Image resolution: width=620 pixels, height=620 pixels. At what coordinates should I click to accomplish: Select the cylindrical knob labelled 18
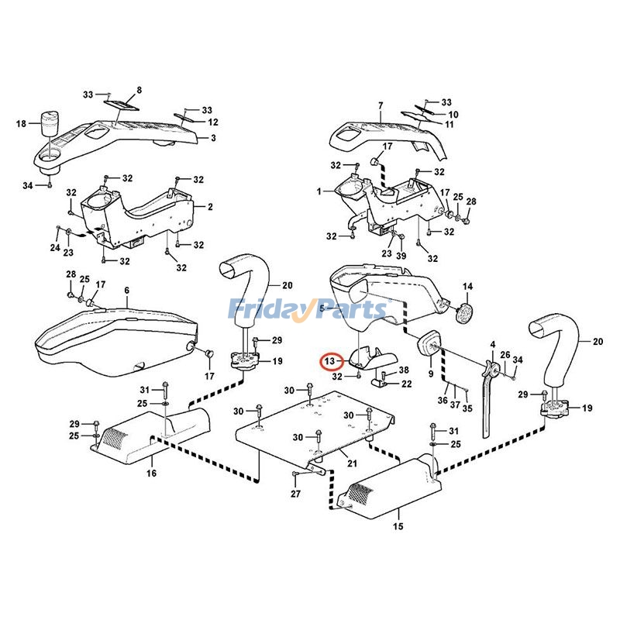click(52, 124)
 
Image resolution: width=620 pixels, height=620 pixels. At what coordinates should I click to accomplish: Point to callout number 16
click(152, 472)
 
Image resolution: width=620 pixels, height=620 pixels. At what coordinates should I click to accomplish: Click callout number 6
click(126, 290)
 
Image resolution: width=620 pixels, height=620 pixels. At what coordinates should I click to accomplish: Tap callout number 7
click(381, 105)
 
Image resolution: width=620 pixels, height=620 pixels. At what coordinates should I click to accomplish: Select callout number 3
click(213, 138)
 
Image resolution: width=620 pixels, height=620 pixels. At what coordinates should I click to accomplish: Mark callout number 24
click(54, 248)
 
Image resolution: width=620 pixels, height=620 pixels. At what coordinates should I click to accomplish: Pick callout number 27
click(294, 494)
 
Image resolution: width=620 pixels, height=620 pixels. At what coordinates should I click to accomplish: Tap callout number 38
click(404, 370)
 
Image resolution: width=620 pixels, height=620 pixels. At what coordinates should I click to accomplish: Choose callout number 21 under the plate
click(352, 463)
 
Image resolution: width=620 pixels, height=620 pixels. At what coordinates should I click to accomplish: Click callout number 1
click(319, 191)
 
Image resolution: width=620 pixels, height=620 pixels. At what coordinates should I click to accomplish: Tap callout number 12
click(213, 122)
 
